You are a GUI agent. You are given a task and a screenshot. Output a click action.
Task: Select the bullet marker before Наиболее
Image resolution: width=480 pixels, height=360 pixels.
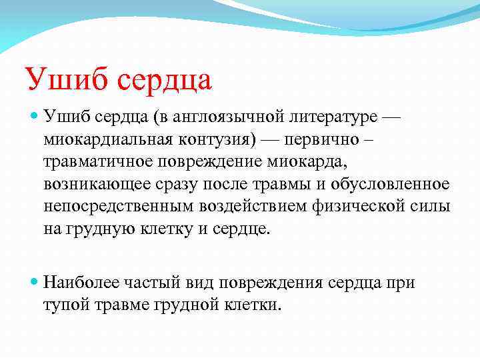pyautogui.click(x=35, y=283)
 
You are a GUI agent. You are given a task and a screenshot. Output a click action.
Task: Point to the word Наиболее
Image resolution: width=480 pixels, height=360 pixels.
pyautogui.click(x=82, y=283)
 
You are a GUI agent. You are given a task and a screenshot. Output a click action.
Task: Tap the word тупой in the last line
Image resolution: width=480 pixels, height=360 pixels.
pyautogui.click(x=65, y=305)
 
